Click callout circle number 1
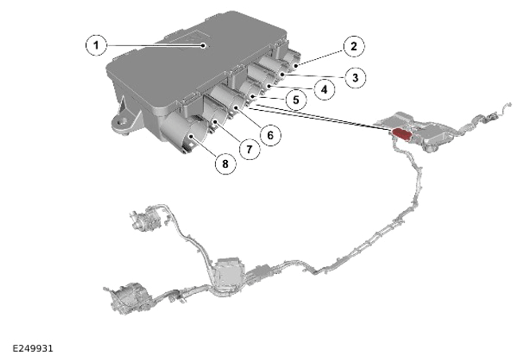[96, 45]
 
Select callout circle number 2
[354, 46]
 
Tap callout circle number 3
[355, 78]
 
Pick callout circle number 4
[323, 89]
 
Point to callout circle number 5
[296, 100]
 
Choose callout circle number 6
[270, 135]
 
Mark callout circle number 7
[249, 149]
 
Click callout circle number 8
[225, 164]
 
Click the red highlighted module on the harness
[402, 133]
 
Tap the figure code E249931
[33, 349]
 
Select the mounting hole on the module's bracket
[123, 121]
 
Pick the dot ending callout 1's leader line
[203, 45]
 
